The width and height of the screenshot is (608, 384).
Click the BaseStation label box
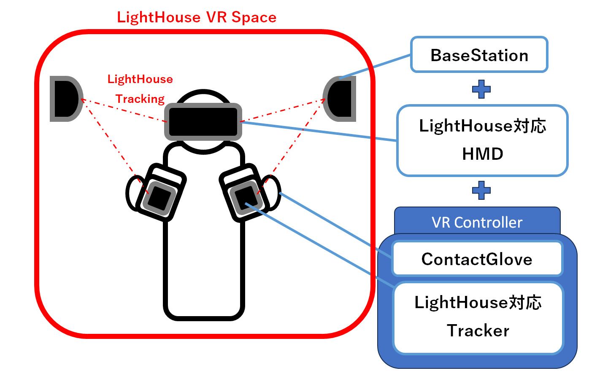[479, 55]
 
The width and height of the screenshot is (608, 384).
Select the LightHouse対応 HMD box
[482, 140]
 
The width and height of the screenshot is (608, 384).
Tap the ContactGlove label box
[477, 259]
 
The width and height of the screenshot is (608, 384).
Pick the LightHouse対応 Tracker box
[478, 318]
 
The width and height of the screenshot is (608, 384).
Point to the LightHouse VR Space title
[197, 17]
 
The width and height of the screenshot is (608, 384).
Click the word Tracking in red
[140, 99]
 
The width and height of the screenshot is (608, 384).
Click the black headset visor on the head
[203, 122]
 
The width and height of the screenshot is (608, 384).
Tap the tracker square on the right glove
[246, 199]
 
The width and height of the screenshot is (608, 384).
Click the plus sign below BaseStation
[481, 89]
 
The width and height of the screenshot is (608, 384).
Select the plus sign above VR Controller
[481, 190]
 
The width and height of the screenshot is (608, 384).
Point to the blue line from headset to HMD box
[319, 131]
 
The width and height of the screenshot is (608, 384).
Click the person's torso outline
[204, 231]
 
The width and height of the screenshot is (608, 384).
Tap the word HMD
[483, 154]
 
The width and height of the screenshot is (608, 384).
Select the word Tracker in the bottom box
[478, 330]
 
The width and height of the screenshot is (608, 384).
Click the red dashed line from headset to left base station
[124, 110]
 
